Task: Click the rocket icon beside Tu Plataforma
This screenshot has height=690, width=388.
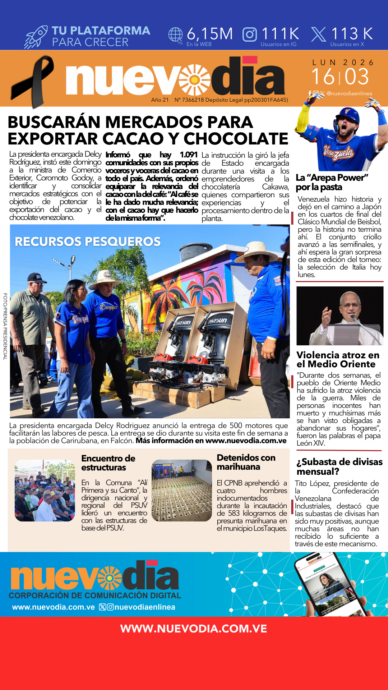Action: click(36, 37)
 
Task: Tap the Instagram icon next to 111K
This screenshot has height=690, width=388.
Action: click(250, 34)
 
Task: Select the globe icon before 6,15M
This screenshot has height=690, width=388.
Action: click(176, 35)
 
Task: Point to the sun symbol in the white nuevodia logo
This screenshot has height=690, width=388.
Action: click(194, 79)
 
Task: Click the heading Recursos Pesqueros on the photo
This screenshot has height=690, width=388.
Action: click(87, 241)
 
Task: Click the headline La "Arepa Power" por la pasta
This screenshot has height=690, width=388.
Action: click(332, 182)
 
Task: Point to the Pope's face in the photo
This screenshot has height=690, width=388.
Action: click(350, 304)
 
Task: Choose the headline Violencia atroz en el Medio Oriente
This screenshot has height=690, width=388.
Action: click(337, 359)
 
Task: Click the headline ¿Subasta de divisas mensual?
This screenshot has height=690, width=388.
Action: click(339, 466)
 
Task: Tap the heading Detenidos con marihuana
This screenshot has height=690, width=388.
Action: click(246, 462)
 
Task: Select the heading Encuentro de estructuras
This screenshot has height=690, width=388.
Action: click(108, 463)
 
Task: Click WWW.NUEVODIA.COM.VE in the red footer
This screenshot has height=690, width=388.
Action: click(194, 629)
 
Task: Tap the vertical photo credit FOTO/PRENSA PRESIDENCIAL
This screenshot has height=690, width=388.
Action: click(5, 326)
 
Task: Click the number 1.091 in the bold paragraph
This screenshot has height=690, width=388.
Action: click(189, 155)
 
